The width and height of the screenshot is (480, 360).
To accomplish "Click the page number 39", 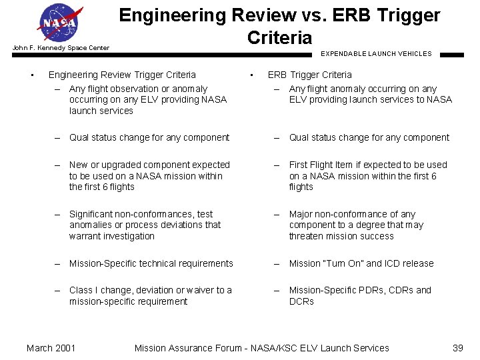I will coord(457,347).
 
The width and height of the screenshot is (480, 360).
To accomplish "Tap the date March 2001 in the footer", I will coord(51,347).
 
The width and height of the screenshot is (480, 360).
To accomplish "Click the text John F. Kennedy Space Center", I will coord(61,48).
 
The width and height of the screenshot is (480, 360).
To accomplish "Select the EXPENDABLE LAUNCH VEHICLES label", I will coord(376,53).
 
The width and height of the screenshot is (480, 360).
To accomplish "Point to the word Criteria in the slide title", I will coord(279,37).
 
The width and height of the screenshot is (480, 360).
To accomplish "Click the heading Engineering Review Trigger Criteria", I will coord(122,75).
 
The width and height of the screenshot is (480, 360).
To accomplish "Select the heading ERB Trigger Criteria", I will coord(309,75).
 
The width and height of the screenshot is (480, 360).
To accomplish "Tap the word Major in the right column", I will coord(301,214).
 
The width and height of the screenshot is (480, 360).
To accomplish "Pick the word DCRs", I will coord(301,301).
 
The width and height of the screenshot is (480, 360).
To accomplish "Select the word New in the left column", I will coord(78,165).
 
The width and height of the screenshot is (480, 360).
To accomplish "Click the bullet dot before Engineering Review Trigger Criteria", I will coord(31,75).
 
